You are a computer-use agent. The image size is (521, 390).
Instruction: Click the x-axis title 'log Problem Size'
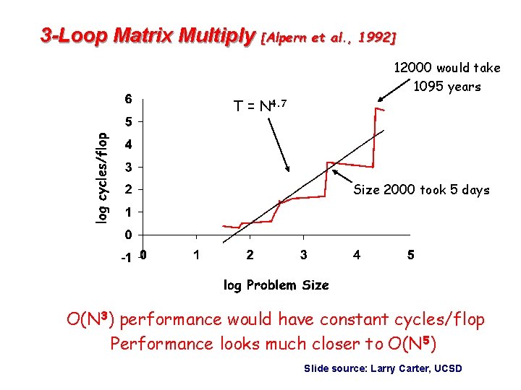276,285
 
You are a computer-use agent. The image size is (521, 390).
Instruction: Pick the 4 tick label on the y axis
127,145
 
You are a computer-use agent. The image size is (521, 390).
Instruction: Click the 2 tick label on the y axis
127,191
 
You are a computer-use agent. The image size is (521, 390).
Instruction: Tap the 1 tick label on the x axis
196,255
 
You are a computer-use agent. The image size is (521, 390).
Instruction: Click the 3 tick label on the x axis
303,255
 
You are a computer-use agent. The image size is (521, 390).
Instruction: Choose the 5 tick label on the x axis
410,255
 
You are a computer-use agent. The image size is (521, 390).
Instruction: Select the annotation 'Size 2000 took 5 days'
421,190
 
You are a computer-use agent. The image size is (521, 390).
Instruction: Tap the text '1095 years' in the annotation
446,87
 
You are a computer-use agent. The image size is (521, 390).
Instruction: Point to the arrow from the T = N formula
278,144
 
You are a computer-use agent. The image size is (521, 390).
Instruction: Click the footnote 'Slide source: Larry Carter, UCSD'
383,369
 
